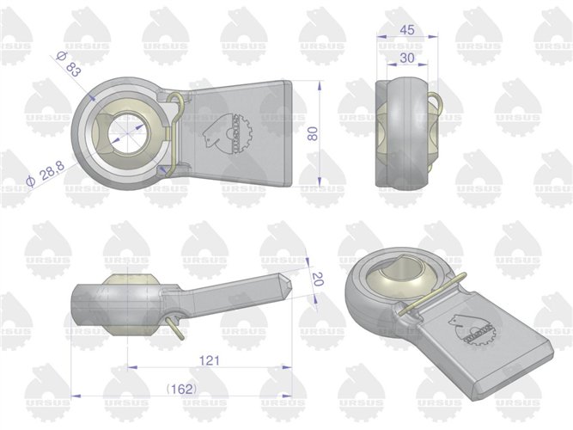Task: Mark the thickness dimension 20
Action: point(316,279)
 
